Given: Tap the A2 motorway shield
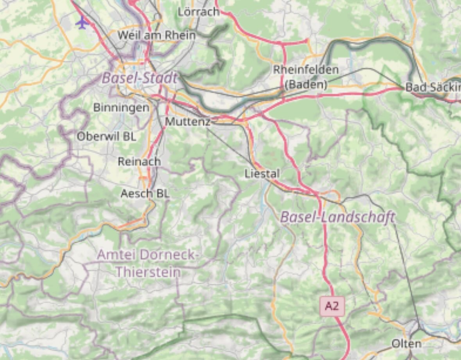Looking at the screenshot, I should point(332,306).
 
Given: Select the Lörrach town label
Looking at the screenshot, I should point(198,12).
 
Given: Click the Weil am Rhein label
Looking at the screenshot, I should point(156,35).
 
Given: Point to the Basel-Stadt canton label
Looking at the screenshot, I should point(140,78).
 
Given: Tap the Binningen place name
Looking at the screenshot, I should point(121,108).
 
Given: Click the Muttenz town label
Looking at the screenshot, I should point(188,122).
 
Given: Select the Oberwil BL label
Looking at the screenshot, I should point(106,137).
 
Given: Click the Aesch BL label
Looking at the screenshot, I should point(145,193).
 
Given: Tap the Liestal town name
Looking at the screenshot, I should point(262,173).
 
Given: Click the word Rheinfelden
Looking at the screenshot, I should point(306,70).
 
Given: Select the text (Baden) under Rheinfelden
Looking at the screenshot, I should point(306,85).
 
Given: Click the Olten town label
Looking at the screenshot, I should point(407,344).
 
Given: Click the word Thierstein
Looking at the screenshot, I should point(148,272).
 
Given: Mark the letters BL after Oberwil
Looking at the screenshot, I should point(129,137).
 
